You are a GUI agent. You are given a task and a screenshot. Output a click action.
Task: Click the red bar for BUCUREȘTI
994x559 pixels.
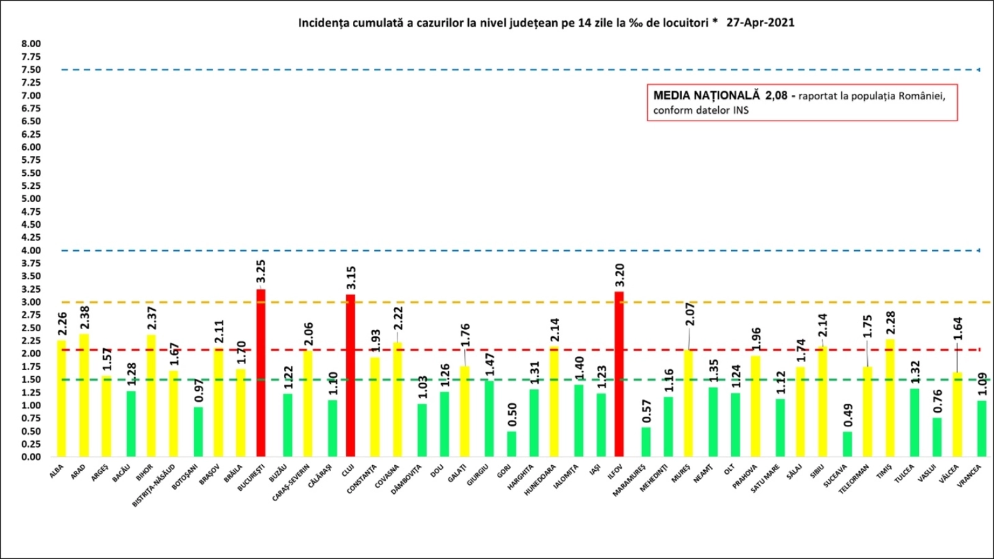[x=260, y=373]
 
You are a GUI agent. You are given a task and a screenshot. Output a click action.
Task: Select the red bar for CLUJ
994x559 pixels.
[x=350, y=375]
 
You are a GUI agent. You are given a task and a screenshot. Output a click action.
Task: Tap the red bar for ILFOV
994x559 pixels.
[x=619, y=374]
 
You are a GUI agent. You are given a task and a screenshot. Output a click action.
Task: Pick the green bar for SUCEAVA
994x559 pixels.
[x=847, y=444]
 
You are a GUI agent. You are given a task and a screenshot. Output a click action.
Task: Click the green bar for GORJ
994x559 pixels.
[x=511, y=444]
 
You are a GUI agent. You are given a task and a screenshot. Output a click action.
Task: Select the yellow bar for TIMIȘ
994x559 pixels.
[x=890, y=398]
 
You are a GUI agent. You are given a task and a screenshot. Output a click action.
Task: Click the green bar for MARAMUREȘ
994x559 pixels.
[x=646, y=442]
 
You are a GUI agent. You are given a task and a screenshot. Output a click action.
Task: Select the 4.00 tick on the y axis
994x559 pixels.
[x=31, y=250]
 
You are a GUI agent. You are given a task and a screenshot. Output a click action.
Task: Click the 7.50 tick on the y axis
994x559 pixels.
[x=31, y=70]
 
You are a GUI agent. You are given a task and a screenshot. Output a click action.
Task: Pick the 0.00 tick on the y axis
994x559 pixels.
[x=31, y=457]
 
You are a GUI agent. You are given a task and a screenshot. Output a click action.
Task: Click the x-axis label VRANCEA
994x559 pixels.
[x=970, y=475]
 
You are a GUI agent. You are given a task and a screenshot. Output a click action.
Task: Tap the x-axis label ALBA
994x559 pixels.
[x=57, y=472]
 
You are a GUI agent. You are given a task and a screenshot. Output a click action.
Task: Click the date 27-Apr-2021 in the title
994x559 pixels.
[x=760, y=23]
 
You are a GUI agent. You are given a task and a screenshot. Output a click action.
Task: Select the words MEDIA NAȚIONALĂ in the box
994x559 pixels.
[x=706, y=96]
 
